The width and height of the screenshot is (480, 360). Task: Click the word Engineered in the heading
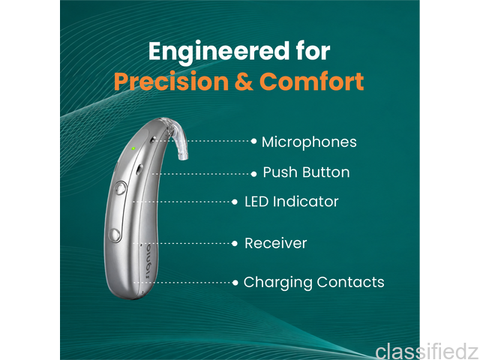[219, 52]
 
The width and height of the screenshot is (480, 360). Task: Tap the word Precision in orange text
[171, 82]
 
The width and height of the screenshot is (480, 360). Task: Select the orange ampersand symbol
[244, 82]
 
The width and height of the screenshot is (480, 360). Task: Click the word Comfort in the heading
[312, 82]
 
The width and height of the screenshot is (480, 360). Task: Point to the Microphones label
[309, 142]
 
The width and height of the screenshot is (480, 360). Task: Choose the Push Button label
[306, 172]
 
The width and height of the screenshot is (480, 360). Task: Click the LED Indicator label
[292, 202]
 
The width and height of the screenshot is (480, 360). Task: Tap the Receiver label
[275, 243]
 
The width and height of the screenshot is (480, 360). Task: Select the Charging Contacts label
[313, 282]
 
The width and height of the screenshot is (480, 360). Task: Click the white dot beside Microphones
[253, 141]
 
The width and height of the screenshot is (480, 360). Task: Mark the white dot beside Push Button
[253, 174]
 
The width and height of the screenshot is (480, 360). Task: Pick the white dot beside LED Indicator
[235, 202]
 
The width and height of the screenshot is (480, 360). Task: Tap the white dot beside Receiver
[235, 244]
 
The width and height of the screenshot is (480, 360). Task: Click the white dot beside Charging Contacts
[235, 283]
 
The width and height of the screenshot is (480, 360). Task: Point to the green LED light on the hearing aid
[133, 148]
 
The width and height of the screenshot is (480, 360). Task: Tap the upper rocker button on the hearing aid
[121, 188]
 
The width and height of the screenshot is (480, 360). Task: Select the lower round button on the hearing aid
[115, 235]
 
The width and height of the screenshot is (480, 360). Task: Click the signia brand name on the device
[149, 261]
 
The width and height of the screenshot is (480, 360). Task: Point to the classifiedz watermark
[427, 351]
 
